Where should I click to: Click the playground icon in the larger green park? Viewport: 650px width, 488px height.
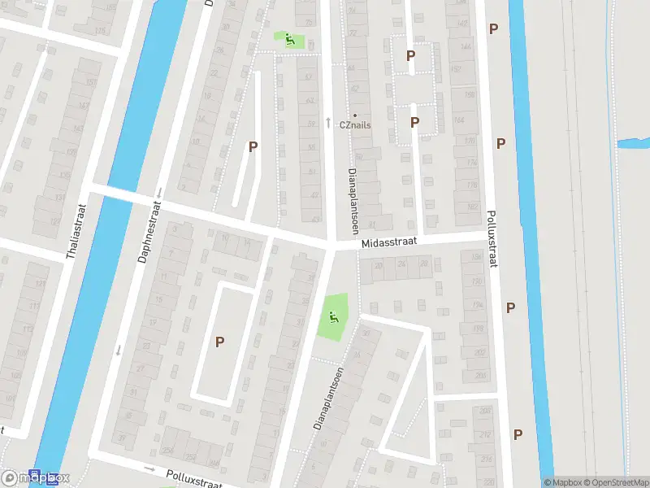point(331,316)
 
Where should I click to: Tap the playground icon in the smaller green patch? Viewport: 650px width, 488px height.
point(288,37)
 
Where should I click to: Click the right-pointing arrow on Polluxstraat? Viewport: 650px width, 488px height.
point(149,468)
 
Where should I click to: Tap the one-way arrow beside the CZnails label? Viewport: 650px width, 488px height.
point(327,122)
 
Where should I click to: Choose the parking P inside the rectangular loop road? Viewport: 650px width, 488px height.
point(219,342)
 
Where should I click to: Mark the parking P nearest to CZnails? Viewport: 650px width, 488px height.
point(414,122)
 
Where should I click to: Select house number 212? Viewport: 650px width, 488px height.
point(487,435)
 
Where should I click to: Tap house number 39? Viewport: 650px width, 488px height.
point(122,439)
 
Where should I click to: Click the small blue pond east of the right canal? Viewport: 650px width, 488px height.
point(632,144)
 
